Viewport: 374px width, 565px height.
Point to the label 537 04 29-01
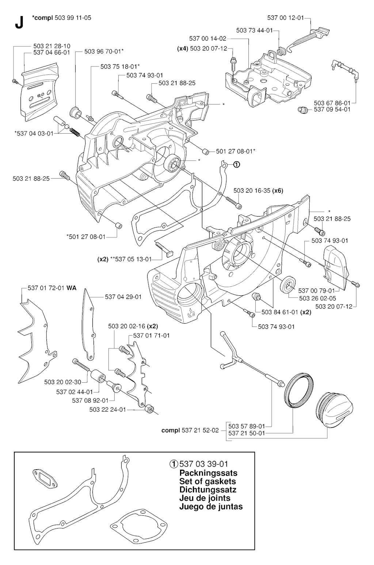123,297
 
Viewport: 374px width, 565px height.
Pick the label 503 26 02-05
317,298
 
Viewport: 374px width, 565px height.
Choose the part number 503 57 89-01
247,426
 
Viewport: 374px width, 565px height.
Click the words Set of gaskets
207,481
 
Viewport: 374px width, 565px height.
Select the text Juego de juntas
211,507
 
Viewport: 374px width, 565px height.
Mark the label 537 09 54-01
332,109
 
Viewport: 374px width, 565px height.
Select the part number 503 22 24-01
107,409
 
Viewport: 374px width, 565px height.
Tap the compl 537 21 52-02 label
190,430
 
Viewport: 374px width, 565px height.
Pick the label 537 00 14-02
208,38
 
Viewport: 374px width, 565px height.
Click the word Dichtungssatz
208,490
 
